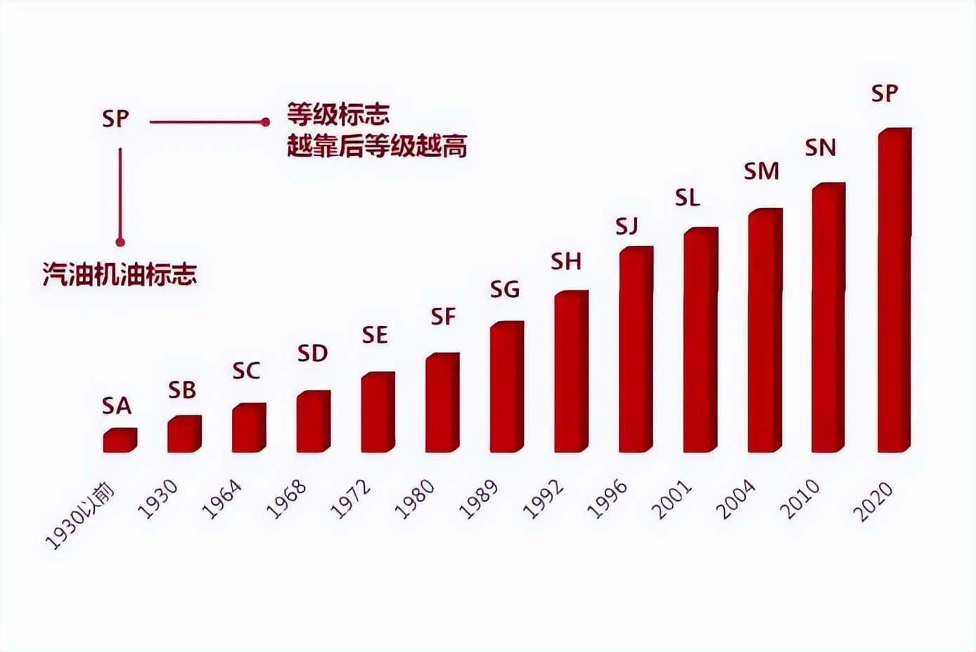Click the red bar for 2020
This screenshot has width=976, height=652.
click(894, 290)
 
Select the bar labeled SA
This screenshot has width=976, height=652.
click(120, 440)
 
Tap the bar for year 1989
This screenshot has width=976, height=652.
click(507, 387)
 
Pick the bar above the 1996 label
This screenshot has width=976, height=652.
click(636, 349)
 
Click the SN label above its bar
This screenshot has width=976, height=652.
click(820, 148)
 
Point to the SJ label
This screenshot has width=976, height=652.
click(627, 226)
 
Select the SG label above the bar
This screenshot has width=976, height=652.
click(505, 289)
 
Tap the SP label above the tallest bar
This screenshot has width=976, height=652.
click(885, 93)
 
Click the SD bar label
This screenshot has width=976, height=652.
click(312, 354)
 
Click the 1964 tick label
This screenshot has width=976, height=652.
click(223, 500)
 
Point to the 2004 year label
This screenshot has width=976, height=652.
click(738, 500)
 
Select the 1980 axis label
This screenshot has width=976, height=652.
click(416, 500)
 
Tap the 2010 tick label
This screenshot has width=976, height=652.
click(802, 500)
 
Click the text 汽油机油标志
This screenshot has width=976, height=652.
click(120, 274)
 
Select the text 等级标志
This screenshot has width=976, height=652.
click(338, 114)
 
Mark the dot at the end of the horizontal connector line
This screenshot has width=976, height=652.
click(265, 122)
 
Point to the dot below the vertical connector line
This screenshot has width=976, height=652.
click(121, 242)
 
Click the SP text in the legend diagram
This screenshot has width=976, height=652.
click(115, 119)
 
